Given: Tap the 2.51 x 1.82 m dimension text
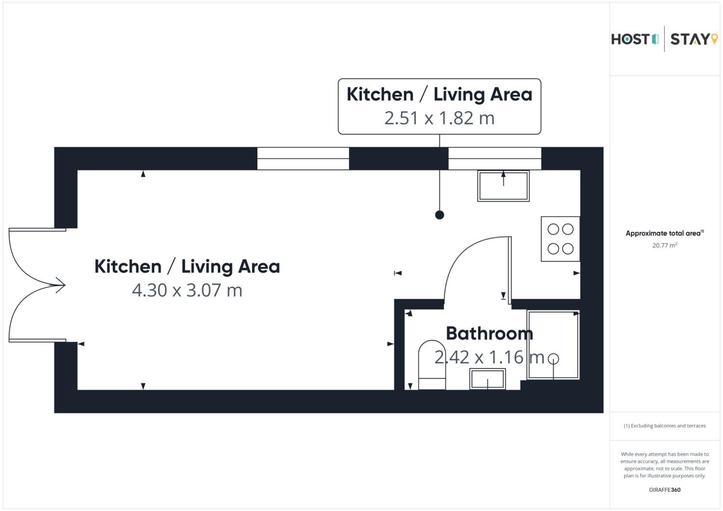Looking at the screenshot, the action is point(439,118).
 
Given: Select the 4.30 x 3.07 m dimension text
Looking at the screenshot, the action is point(187,290).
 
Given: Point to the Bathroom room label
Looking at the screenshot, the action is point(489,333).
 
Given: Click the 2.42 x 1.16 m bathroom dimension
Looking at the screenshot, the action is point(489,357).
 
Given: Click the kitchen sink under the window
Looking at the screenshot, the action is point(503,186).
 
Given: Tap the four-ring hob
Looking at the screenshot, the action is point(560,239).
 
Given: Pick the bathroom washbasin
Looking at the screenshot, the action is point(488,379).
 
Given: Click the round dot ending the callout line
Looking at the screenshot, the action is point(439,215).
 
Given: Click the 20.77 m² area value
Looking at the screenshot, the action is point(664,245).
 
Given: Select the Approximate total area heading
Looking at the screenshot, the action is point(664,233).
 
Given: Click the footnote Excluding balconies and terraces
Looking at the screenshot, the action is point(664,426).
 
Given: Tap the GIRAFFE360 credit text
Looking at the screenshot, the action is point(664,490).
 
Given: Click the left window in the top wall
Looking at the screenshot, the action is point(303,159).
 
